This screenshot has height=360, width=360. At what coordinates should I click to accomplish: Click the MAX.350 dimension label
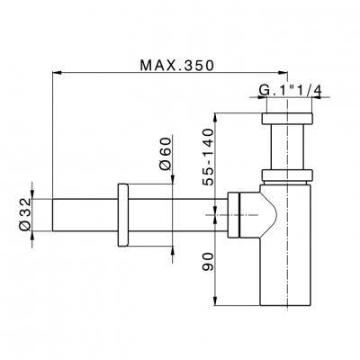[177, 66]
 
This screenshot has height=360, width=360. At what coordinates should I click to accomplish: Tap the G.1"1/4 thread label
[290, 91]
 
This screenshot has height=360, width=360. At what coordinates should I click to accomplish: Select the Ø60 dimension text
[166, 154]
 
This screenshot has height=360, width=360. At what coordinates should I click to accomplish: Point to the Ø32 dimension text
[25, 214]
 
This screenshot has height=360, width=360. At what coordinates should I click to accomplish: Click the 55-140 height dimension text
[207, 157]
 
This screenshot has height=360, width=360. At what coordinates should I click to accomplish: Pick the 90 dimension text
[207, 261]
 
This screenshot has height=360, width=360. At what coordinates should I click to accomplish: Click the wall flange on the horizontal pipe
[123, 215]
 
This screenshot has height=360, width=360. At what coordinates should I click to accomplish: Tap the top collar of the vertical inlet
[287, 119]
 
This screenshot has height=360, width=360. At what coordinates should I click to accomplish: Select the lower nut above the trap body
[287, 175]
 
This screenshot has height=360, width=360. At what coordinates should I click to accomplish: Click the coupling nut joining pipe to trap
[233, 215]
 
